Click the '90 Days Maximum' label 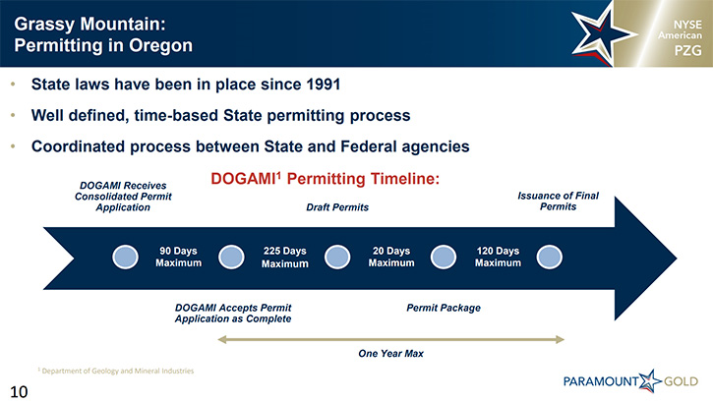coord(178,257)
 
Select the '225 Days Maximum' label coord(284,258)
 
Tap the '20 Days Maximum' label coord(391,257)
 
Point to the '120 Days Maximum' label coord(498,257)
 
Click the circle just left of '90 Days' coord(125,257)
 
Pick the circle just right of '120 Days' coord(550,257)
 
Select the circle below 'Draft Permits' coord(337,257)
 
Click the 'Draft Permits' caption coord(337,207)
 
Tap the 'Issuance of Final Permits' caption coord(558,201)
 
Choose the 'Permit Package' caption coord(444,308)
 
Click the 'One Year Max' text coord(390,354)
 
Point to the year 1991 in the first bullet coord(323,85)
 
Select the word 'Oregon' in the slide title coord(160,46)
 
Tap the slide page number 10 coord(19,391)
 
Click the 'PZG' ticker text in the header coord(687,50)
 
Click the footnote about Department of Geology coord(116,371)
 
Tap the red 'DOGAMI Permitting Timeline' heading coord(326,179)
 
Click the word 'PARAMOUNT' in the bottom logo coord(601,381)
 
